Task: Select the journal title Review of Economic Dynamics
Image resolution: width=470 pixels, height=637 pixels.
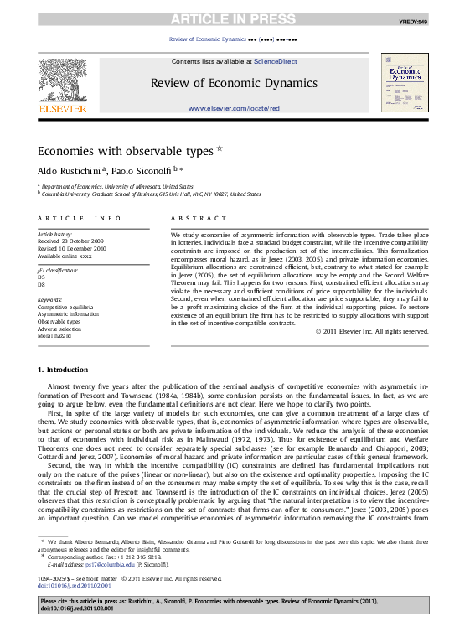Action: [234, 82]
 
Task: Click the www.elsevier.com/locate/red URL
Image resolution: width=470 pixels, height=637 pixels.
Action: [234, 108]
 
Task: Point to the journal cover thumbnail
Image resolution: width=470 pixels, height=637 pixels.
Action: [405, 83]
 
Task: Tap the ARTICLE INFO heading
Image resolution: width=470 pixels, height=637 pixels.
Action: [80, 219]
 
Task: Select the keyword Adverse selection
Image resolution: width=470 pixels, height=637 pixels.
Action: [59, 329]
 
